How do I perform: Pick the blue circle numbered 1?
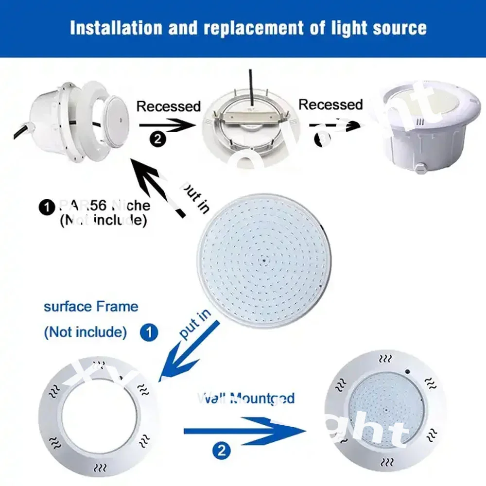149,332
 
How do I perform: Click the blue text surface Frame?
91,307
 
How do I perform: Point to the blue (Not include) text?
86,332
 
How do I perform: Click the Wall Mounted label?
246,399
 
